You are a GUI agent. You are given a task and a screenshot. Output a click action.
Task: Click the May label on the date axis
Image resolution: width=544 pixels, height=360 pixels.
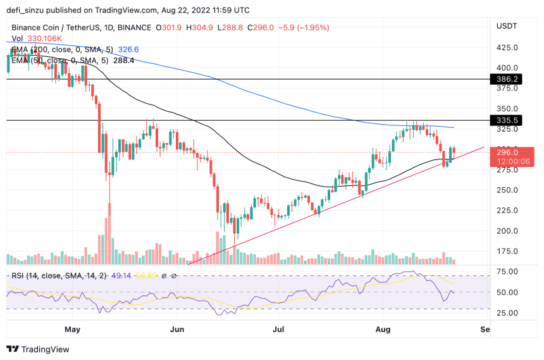[73, 330]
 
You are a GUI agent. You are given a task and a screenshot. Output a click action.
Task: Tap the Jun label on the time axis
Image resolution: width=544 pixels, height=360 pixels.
[178, 330]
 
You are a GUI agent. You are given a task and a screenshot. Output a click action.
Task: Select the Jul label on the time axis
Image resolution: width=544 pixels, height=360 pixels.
[279, 330]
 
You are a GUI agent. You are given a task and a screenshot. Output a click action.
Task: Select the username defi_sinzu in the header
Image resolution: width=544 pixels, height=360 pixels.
[30, 10]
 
